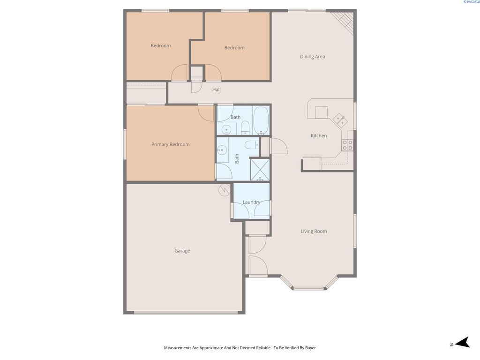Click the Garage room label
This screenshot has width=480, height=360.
(x=182, y=251)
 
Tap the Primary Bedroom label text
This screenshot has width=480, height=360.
(x=170, y=144)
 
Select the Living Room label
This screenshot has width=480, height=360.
(x=314, y=231)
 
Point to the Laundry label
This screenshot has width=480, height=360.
(x=251, y=202)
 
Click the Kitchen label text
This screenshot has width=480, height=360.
(x=319, y=135)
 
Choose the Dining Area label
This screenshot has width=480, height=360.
(x=312, y=57)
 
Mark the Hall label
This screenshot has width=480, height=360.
(x=216, y=90)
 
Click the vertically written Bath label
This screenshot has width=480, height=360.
(x=237, y=158)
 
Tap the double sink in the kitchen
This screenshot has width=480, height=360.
(x=340, y=121)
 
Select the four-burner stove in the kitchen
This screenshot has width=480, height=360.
(x=347, y=145)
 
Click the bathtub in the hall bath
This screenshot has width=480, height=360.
(x=261, y=120)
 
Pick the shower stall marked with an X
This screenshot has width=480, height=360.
(x=260, y=170)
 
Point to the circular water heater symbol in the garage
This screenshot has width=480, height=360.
(x=224, y=190)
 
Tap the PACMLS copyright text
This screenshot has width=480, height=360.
(x=471, y=2)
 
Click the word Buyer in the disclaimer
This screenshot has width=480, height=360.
(x=310, y=348)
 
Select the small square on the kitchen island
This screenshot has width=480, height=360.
(x=321, y=112)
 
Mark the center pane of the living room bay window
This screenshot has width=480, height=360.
(x=308, y=288)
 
